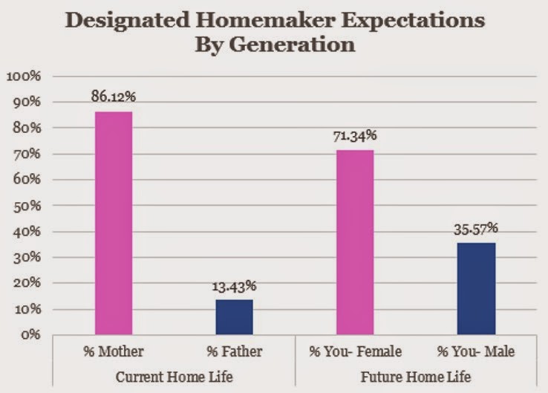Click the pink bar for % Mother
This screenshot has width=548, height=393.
pos(114,224)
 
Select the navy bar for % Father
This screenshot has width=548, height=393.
pos(234,317)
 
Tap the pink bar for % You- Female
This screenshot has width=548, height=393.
pos(355,243)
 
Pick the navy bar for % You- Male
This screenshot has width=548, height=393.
pos(476,289)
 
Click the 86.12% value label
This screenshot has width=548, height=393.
pos(113,96)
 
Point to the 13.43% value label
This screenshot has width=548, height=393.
pos(234,286)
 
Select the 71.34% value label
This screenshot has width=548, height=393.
pos(355,136)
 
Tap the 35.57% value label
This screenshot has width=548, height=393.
pos(476,229)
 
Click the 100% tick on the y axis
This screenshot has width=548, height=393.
pos(24,76)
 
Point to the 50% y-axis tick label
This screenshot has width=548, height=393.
pos(27,206)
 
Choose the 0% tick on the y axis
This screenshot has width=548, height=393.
pos(30,334)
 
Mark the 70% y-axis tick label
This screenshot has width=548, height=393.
pos(27,154)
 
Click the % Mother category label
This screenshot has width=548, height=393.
pos(113,351)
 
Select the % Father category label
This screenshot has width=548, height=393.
pos(234,351)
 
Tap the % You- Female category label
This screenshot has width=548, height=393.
pos(355,351)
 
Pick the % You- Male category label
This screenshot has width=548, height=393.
pos(476,351)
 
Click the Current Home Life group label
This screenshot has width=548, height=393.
pos(174,377)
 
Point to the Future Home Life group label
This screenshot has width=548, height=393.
pos(416,377)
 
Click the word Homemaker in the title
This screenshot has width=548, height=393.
pos(265,20)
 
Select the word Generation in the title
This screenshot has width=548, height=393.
pos(292,45)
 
